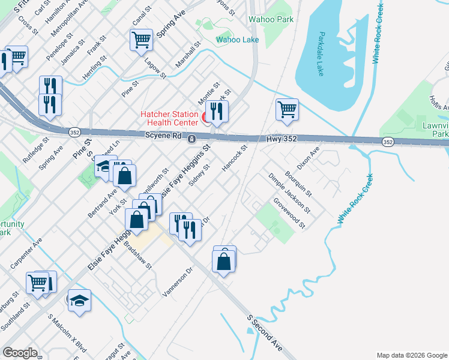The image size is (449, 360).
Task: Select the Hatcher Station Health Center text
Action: tap(169, 118)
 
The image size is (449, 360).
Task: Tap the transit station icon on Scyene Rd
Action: tap(191, 139)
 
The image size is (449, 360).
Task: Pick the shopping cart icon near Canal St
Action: tap(140, 40)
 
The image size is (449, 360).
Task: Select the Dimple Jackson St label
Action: tap(289, 194)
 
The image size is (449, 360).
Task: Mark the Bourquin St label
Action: tap(298, 184)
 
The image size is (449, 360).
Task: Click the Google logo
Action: tap(20, 353)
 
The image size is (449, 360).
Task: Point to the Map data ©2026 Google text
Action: tap(411, 355)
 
